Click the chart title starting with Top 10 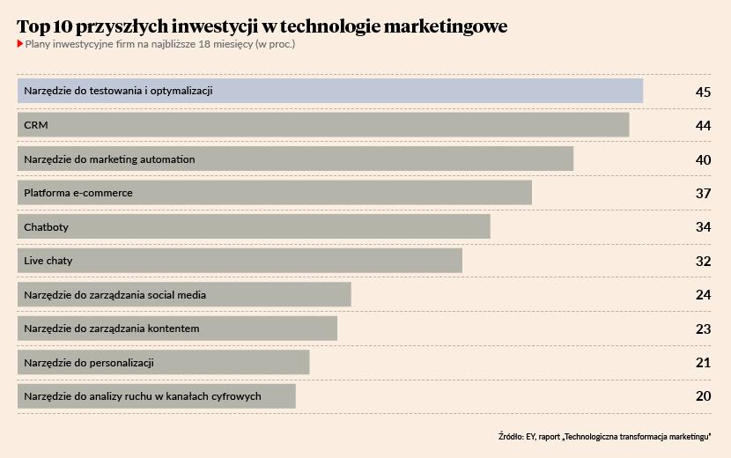(x=262, y=26)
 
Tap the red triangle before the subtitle (x=20, y=44)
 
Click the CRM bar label (x=36, y=125)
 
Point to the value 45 (x=702, y=92)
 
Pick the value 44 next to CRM (x=702, y=126)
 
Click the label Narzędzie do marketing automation (x=109, y=159)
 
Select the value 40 (x=702, y=159)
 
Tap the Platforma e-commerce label (x=78, y=193)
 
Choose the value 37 (x=702, y=193)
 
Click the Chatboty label (x=46, y=227)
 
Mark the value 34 (x=702, y=227)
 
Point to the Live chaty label (x=48, y=261)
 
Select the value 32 (x=702, y=261)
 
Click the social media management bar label (x=114, y=295)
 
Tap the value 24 (x=702, y=295)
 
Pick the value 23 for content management (x=702, y=329)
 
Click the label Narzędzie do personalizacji (x=90, y=363)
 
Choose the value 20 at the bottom (x=702, y=396)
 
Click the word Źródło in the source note (x=509, y=436)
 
